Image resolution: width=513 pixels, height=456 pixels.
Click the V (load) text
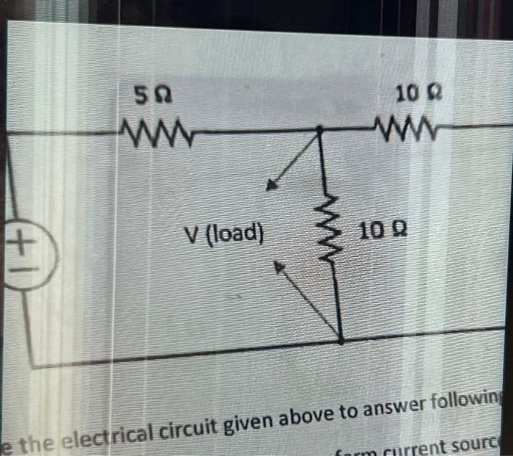(x=224, y=234)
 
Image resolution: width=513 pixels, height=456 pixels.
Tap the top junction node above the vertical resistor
(x=320, y=130)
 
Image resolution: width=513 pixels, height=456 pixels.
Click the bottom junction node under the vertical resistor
(x=341, y=339)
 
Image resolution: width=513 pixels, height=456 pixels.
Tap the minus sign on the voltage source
(x=21, y=265)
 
